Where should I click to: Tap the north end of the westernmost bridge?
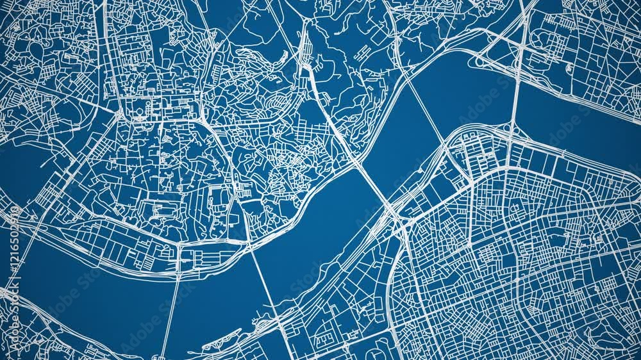179,247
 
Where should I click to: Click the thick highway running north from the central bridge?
320,96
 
